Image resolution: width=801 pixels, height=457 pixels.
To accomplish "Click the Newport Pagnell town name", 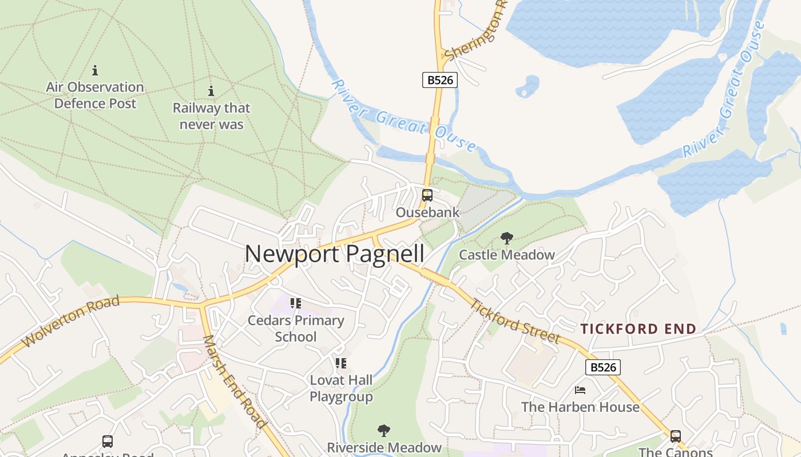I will coord(335,254).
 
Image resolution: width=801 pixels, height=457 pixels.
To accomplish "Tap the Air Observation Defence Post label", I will coord(95,95).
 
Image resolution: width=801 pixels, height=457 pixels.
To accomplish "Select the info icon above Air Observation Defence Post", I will coord(95,71).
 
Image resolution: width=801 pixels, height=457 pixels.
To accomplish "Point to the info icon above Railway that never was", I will coord(211,91).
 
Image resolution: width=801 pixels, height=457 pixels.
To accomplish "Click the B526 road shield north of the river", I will coord(440,80).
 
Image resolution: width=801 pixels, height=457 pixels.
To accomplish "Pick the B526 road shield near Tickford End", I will coord(603,367).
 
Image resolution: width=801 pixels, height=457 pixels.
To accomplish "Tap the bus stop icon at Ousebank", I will coord(427,195).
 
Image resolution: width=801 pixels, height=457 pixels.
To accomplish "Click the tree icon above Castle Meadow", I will coord(506,238).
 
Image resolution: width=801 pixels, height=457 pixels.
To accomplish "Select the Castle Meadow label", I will coord(507,255).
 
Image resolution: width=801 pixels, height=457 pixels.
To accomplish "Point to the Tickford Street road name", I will coord(514,322).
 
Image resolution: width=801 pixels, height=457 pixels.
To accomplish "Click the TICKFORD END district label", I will coord(639,329).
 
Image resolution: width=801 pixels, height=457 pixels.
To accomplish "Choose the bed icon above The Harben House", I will coord(580,391).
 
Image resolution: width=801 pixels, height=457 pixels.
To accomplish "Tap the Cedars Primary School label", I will coord(296,328).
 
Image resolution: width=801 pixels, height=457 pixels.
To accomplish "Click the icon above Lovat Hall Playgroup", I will coord(341,363).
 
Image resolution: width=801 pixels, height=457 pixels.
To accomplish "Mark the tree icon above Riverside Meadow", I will coord(384,431).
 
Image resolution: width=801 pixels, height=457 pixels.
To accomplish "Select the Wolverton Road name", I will coord(71,322).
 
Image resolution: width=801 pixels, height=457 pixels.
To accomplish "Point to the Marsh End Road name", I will coord(235,381).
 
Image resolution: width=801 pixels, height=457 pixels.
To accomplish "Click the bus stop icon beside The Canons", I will coord(676,436).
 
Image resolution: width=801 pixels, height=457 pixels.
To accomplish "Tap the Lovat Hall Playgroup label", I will coord(341,388).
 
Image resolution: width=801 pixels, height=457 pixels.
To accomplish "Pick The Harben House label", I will coord(580,407).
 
